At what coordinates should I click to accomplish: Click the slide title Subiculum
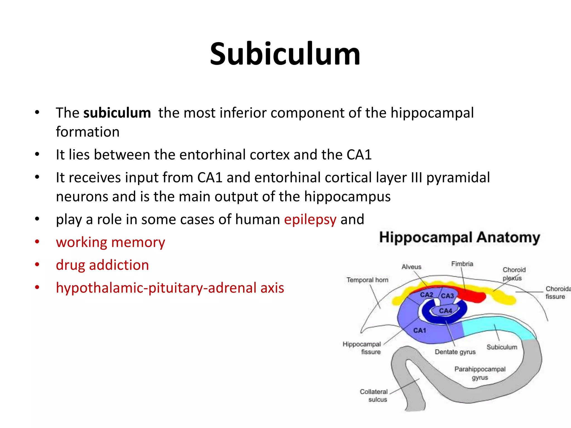coord(285,54)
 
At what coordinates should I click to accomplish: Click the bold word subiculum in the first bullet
coord(117,113)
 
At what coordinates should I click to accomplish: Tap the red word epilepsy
coord(310,220)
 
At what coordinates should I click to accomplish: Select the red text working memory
coord(110,242)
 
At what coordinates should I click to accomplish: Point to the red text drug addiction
coord(102,265)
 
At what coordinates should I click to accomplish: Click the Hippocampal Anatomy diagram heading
coord(459,238)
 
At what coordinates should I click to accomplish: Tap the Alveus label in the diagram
coord(411,267)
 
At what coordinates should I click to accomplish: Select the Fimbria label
coord(462,264)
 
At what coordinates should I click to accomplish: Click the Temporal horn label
coord(367,280)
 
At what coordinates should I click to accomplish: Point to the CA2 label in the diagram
coord(426,295)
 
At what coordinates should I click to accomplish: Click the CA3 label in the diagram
coord(447,296)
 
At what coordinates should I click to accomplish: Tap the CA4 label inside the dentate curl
coord(445,311)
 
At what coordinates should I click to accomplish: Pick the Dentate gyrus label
coord(455,352)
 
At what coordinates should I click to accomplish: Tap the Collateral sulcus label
coord(374,396)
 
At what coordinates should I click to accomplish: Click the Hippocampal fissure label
coord(362,348)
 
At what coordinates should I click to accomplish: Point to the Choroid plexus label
coord(514,274)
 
